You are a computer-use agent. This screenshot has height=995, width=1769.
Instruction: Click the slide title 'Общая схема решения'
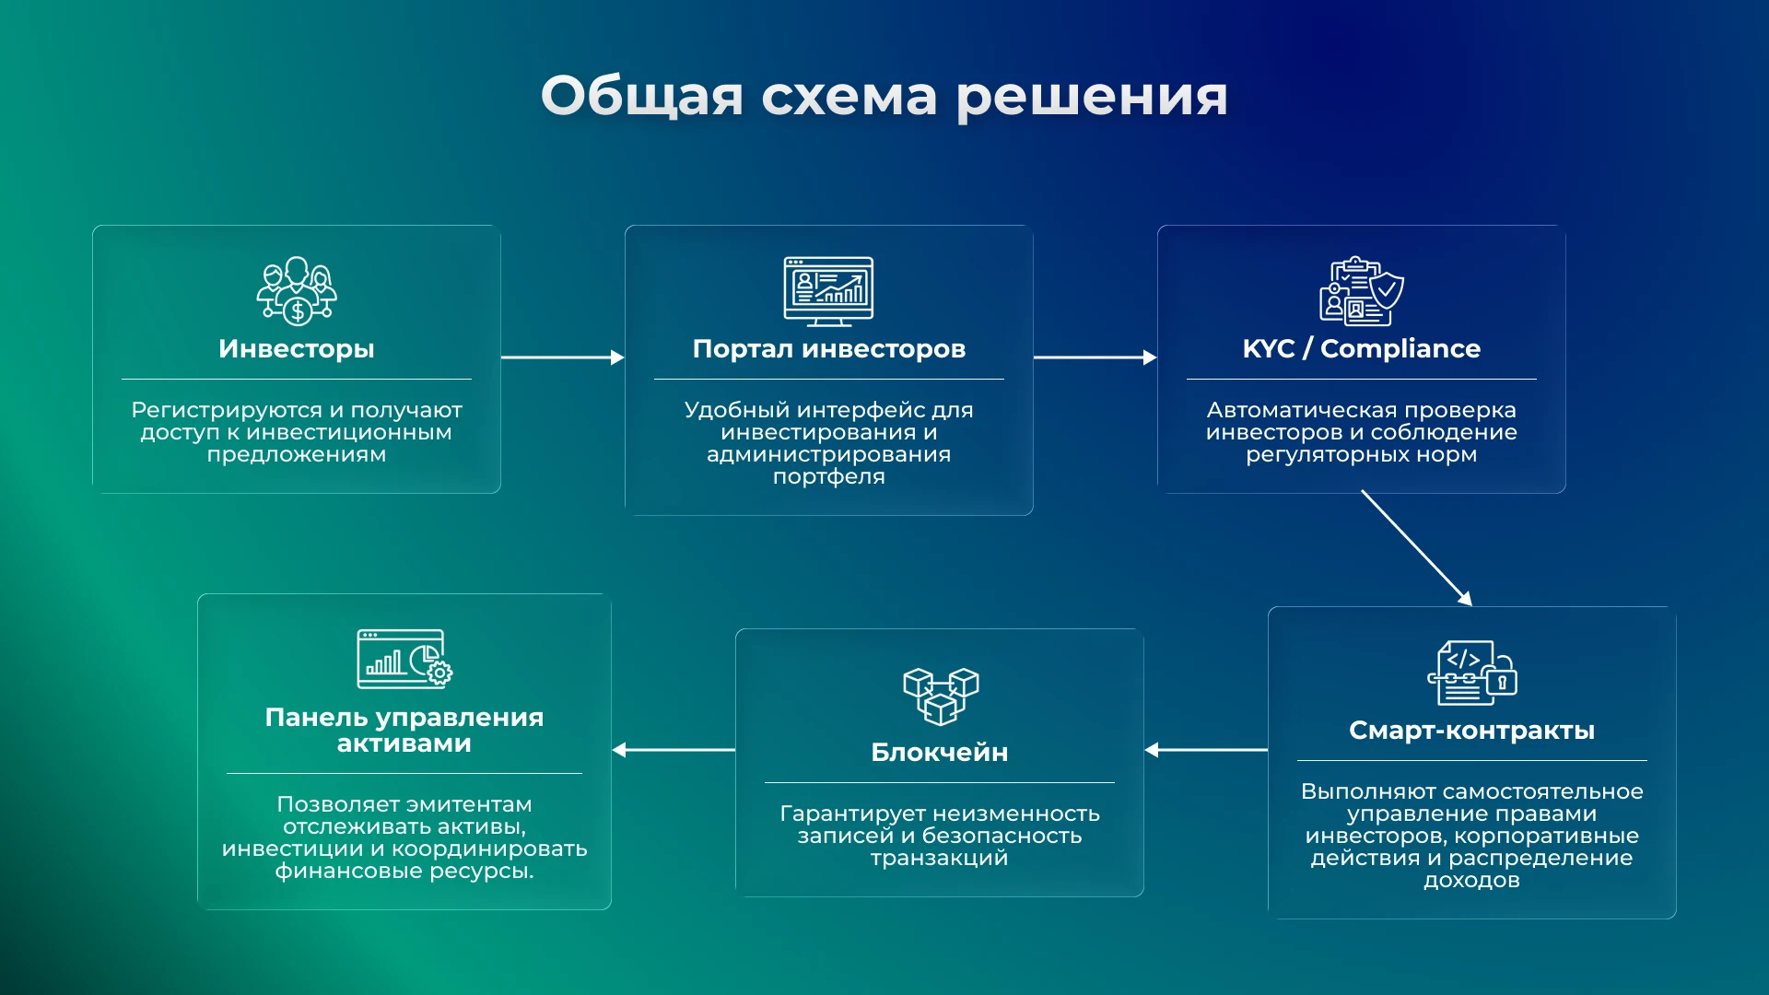point(884,96)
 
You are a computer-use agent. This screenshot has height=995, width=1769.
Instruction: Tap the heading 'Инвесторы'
point(296,349)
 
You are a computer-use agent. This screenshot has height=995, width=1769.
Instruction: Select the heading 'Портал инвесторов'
point(828,349)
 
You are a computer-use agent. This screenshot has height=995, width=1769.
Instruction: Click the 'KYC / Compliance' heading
point(1361,349)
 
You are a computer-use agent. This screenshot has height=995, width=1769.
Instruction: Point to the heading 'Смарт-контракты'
point(1471,731)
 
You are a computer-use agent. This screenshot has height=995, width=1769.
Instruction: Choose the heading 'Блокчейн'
point(939,753)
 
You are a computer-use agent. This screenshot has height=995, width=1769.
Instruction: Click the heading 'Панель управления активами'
point(404,731)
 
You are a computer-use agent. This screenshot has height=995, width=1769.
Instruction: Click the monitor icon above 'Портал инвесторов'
point(828,291)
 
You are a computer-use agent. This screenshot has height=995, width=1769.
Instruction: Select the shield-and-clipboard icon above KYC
point(1361,291)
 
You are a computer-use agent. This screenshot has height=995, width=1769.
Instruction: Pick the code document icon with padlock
point(1471,673)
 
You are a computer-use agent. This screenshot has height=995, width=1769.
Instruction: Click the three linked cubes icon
point(940,696)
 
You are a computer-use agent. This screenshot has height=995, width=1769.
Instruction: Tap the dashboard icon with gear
point(404,659)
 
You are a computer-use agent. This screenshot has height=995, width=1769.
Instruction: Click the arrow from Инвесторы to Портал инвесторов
point(562,357)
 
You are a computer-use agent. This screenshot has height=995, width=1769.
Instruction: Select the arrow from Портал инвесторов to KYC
point(1095,357)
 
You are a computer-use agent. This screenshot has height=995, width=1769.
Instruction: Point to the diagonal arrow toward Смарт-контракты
point(1416,547)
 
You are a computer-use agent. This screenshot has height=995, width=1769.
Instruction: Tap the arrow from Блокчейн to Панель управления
point(674,750)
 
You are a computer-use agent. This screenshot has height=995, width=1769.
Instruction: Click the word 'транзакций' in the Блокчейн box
point(939,859)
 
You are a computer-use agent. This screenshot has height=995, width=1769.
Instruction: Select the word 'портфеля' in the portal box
point(828,477)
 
